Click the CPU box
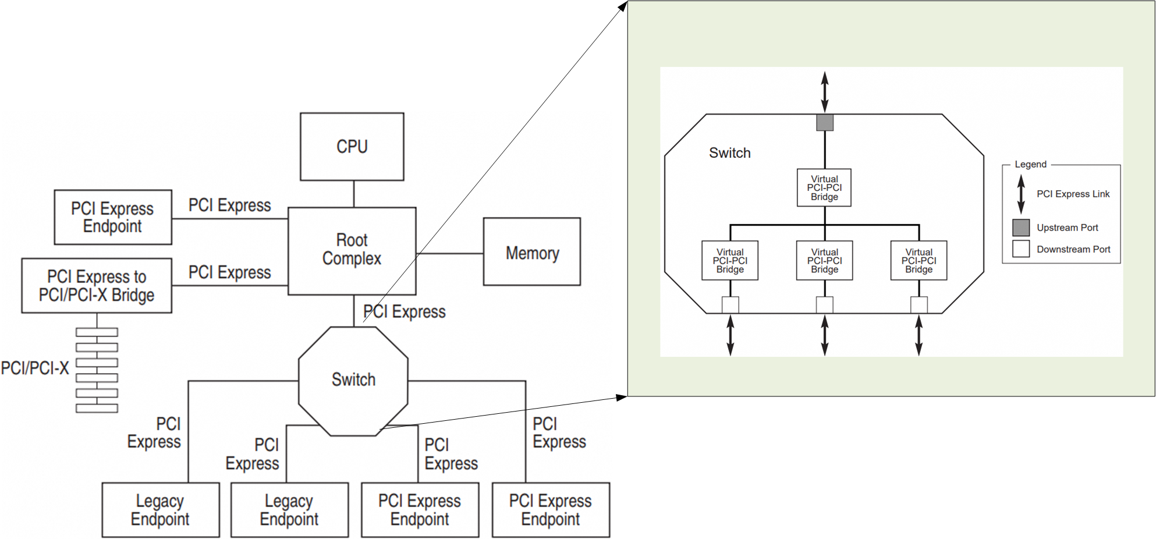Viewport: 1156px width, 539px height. (x=352, y=147)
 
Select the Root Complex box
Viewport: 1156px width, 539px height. (x=352, y=250)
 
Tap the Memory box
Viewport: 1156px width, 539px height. (x=531, y=252)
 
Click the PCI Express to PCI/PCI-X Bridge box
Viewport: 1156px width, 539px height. (x=97, y=286)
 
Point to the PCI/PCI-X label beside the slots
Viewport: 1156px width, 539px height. (x=35, y=368)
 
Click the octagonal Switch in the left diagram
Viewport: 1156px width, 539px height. (x=353, y=381)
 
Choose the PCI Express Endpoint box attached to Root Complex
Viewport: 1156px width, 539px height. (x=112, y=217)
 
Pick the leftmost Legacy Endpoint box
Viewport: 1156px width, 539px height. (x=160, y=510)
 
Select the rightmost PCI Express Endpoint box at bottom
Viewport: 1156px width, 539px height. (x=550, y=510)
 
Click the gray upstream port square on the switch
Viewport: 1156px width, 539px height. (x=824, y=123)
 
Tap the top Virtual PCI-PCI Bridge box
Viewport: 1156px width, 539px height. (x=824, y=188)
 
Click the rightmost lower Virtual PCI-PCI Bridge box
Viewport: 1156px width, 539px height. (x=919, y=261)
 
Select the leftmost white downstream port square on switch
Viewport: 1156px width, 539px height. (x=730, y=305)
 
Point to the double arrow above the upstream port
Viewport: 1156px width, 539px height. (x=824, y=92)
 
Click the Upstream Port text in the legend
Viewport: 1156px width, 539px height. (x=1067, y=228)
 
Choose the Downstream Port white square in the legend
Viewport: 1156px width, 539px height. (x=1020, y=249)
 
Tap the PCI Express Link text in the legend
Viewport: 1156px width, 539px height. (x=1073, y=194)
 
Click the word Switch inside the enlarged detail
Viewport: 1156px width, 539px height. (x=729, y=153)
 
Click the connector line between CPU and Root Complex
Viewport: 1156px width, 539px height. (x=354, y=194)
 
